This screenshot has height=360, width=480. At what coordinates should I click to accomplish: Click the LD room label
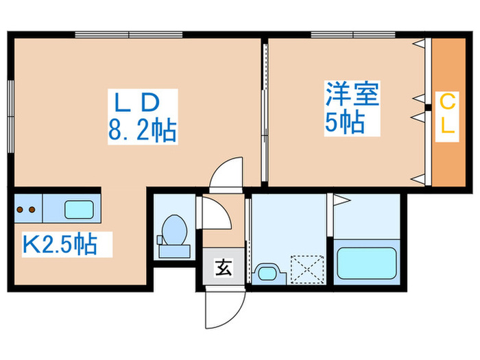136,103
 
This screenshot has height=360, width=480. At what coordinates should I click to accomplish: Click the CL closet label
447,117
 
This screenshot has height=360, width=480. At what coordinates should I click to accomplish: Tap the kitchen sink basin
79,209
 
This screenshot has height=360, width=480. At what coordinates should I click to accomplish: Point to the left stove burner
21,210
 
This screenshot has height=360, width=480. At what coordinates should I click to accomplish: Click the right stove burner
32,210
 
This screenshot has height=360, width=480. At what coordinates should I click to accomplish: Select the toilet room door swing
215,215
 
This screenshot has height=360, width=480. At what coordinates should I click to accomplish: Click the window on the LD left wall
10,113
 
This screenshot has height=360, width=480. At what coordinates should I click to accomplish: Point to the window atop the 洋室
352,34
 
